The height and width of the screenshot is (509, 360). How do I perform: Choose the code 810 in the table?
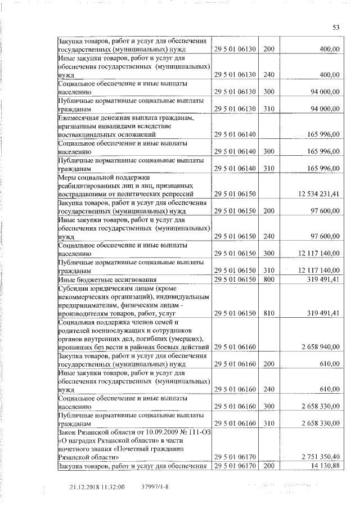pos(268,311)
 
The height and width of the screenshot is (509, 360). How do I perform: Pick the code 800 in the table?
pos(268,279)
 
